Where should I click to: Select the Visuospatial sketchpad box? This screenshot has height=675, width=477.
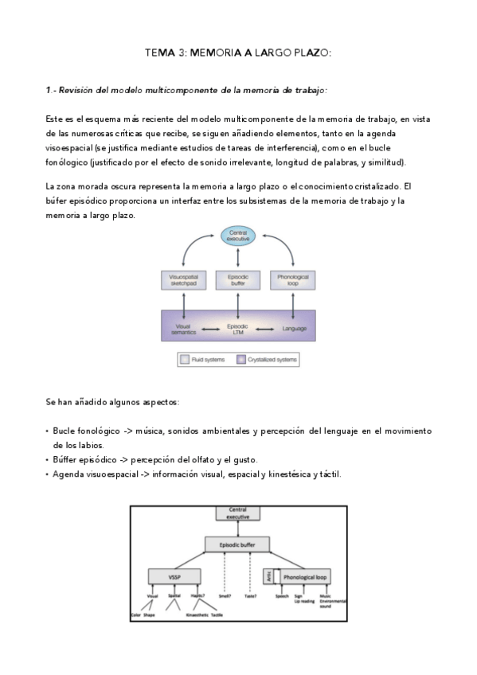point(184,280)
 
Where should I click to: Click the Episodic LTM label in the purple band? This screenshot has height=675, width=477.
point(237,328)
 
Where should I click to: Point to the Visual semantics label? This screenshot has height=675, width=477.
point(184,328)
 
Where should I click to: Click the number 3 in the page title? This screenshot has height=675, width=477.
point(182,53)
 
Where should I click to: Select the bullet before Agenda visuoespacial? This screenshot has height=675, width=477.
point(48,475)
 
